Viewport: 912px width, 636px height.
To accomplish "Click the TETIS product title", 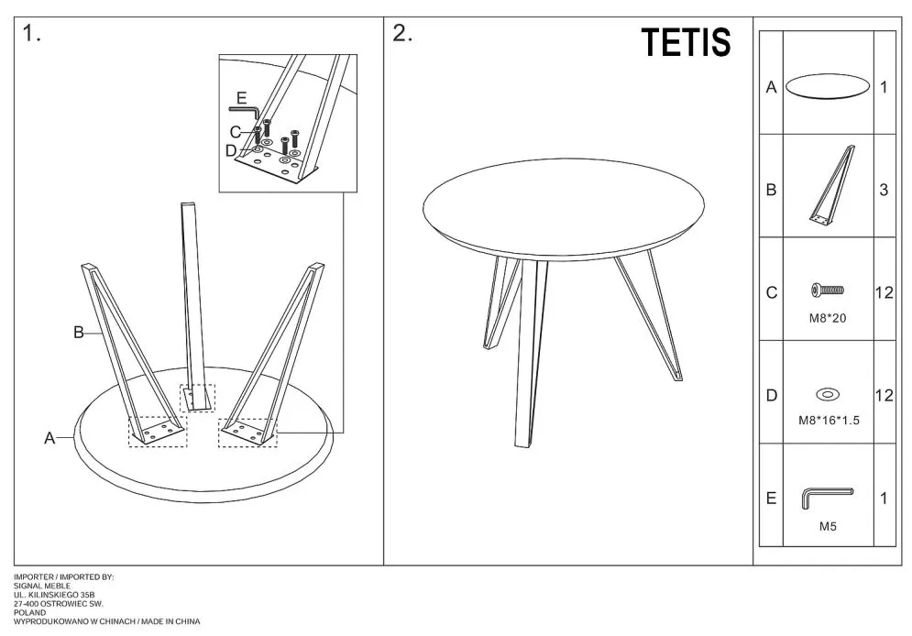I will click(x=686, y=42).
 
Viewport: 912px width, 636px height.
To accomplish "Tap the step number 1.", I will click(x=32, y=34).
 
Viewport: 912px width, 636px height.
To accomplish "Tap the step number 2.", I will click(x=402, y=34).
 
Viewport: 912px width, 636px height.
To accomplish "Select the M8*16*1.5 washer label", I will click(x=827, y=421).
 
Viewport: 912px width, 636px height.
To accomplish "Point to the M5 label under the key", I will click(x=827, y=527).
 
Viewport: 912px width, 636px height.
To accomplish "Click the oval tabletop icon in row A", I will click(x=827, y=87).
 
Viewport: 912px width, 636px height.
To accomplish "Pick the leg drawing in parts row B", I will click(x=831, y=185).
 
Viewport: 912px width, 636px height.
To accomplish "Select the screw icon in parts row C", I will click(x=827, y=291).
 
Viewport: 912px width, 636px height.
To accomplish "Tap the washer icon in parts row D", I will click(x=827, y=395).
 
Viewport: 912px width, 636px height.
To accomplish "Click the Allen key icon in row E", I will click(x=827, y=497).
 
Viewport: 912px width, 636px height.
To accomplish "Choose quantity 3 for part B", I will click(x=884, y=191).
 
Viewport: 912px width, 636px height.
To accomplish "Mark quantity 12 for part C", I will click(x=884, y=293).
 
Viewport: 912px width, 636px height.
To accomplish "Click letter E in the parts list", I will click(x=771, y=499).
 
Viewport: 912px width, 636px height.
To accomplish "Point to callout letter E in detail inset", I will click(x=241, y=98).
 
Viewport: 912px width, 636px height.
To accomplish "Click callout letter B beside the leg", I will click(x=79, y=333).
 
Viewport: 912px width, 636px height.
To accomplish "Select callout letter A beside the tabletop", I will click(x=49, y=439).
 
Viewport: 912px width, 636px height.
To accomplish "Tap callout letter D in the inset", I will click(x=231, y=150).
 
